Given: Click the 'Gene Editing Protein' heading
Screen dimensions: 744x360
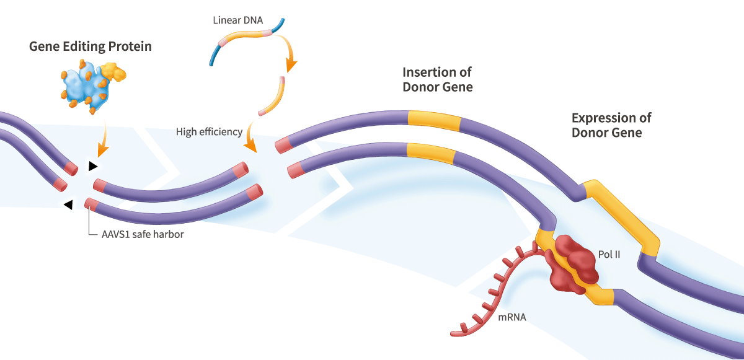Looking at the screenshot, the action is (x=91, y=47).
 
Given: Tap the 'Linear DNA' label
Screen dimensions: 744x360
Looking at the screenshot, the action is (x=238, y=20).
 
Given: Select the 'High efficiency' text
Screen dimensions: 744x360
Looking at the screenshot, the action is (x=210, y=132).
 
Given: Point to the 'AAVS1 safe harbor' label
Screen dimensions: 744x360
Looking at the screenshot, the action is (x=143, y=234).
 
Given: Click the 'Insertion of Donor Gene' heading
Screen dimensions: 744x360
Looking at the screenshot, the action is (x=438, y=80).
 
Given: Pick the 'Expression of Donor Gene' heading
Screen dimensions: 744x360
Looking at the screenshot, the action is (x=611, y=125).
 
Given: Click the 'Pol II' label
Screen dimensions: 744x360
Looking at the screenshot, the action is (x=609, y=255).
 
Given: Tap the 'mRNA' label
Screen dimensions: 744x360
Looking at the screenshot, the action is (x=512, y=317).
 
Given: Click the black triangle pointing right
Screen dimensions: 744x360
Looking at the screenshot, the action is (x=92, y=166).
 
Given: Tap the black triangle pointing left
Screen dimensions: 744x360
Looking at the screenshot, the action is (x=68, y=204).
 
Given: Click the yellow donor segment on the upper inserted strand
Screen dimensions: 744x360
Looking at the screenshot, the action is (x=434, y=120).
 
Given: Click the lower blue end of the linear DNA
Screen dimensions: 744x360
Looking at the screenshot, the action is (x=215, y=55).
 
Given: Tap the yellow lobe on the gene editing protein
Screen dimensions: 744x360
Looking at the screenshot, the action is (x=113, y=72).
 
